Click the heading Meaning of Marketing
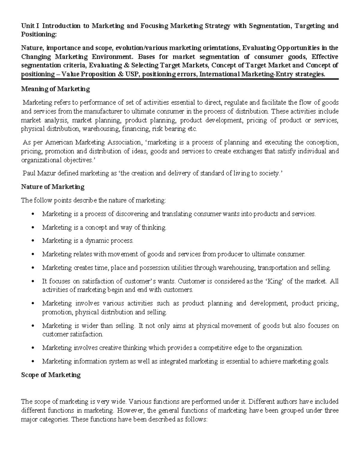(55, 89)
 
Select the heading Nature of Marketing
(52, 187)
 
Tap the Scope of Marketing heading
(51, 375)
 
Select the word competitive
(215, 348)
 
